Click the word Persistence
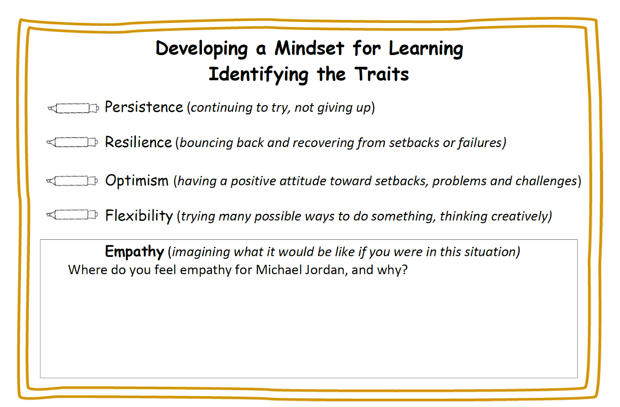point(144,107)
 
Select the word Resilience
point(138,142)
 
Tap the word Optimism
point(137,180)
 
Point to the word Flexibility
point(139,216)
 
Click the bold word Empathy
point(134,251)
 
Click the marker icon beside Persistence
point(73,108)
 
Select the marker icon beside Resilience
point(72,142)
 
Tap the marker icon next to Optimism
point(72,181)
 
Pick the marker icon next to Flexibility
point(72,215)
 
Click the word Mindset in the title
point(309,48)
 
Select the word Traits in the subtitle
point(382,74)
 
